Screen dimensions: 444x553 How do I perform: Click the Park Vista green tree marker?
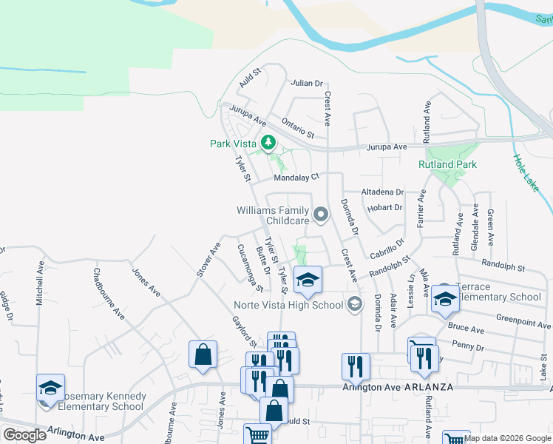[x=268, y=143]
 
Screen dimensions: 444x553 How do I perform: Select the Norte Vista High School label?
[x=289, y=305]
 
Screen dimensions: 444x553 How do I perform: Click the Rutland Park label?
[x=447, y=164]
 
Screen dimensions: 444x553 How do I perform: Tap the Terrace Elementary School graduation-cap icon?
[x=445, y=297]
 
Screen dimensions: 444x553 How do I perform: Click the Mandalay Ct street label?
[x=296, y=178]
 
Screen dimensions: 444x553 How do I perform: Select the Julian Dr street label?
[x=308, y=84]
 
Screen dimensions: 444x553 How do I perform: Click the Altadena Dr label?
[x=382, y=192]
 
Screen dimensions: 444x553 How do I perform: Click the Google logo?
[x=24, y=435]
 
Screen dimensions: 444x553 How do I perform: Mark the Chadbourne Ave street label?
[x=109, y=293]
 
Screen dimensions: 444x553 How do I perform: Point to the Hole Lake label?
[x=525, y=174]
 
